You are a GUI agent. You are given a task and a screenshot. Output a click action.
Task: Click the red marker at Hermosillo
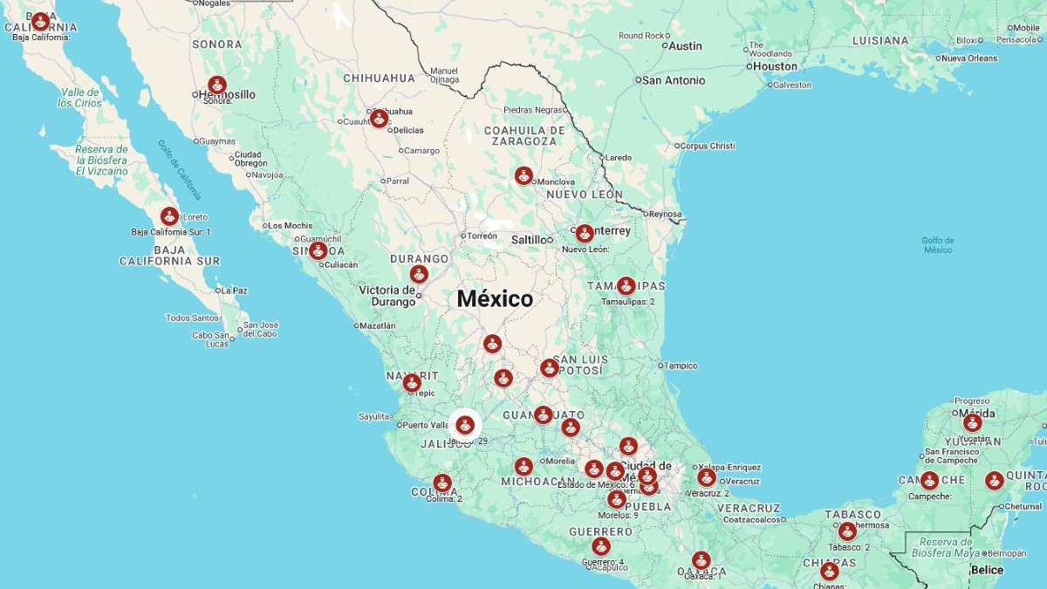tap(217, 86)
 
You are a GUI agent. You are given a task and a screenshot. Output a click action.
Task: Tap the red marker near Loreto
tap(169, 216)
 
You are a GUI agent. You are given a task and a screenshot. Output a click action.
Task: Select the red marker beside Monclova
tap(523, 175)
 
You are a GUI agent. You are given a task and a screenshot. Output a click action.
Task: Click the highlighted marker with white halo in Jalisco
tap(465, 425)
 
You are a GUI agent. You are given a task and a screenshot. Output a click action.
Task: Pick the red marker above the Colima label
tap(442, 483)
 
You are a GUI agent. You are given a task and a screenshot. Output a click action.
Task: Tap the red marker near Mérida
tap(972, 422)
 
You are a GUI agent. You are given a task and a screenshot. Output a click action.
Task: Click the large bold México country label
tap(495, 298)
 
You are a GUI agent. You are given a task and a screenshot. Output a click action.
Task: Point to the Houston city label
tap(775, 66)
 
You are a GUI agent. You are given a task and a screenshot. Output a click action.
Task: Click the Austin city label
tap(685, 45)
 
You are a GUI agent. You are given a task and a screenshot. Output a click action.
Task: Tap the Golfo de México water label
tap(937, 245)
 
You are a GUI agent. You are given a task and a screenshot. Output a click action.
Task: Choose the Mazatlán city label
tap(377, 325)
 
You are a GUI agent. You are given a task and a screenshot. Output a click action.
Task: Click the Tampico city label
tap(681, 366)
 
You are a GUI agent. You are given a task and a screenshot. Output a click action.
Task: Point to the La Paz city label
tap(234, 291)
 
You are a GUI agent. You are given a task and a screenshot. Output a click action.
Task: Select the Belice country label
tap(987, 570)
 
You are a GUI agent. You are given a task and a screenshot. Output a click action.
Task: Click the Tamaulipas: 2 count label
tap(627, 302)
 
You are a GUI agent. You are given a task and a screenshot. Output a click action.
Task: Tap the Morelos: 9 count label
tap(618, 515)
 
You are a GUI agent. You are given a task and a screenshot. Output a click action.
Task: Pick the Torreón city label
tap(482, 236)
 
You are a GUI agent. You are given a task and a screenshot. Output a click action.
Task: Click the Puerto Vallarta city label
tap(425, 425)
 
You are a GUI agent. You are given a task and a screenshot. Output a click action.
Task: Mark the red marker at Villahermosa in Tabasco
tap(846, 531)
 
